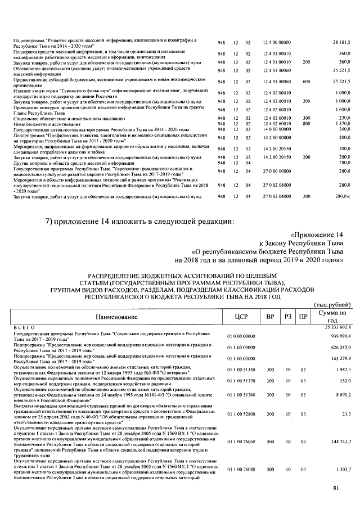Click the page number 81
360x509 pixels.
point(336,487)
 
